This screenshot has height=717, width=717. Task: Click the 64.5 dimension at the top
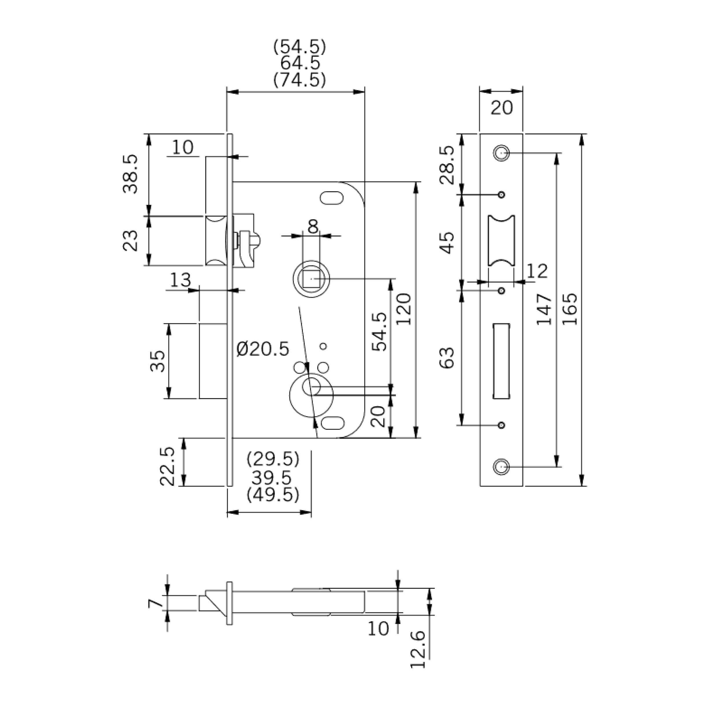click(x=300, y=64)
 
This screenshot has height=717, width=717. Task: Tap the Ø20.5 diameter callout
click(x=263, y=349)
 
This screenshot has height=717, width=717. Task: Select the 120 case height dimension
click(x=404, y=309)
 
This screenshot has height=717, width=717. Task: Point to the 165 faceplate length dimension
click(x=570, y=309)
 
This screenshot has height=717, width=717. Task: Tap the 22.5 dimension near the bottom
click(x=167, y=466)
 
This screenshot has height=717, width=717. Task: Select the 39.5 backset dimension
click(x=272, y=478)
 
